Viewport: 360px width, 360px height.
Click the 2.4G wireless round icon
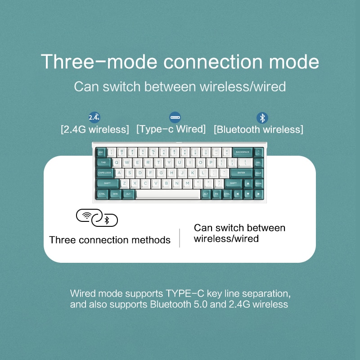tap(94, 118)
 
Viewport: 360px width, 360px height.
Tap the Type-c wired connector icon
tap(175, 118)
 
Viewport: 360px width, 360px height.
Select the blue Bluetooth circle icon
tap(262, 118)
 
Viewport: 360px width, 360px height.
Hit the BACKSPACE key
tap(242, 152)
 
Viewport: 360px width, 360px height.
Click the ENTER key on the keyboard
tap(241, 172)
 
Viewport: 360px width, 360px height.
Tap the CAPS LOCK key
tap(105, 172)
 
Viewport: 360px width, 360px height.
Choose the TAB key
tap(103, 162)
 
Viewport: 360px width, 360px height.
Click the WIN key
tap(115, 193)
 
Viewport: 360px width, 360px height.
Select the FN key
tap(216, 193)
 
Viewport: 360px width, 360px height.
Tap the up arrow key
tap(247, 183)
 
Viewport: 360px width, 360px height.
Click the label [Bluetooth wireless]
tap(258, 130)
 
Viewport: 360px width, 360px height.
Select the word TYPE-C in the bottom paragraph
tap(185, 294)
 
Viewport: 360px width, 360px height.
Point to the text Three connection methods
tap(110, 240)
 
